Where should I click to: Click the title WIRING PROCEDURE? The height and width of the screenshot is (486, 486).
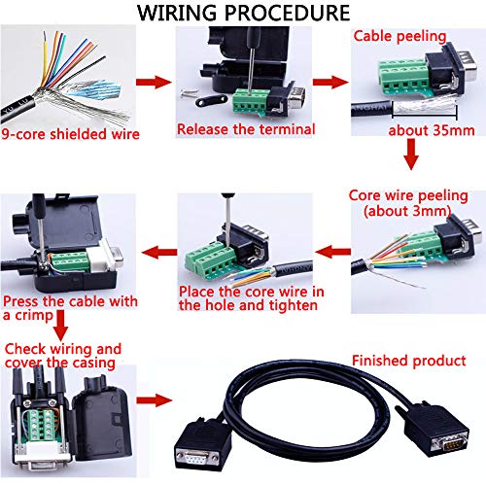(x=243, y=14)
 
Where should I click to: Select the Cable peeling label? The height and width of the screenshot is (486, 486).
(x=399, y=36)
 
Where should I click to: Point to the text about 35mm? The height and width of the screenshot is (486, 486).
(x=429, y=129)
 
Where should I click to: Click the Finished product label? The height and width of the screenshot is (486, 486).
(x=408, y=361)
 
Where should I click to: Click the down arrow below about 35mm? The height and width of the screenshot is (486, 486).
(x=410, y=155)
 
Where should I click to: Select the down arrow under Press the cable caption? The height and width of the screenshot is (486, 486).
(x=60, y=325)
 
